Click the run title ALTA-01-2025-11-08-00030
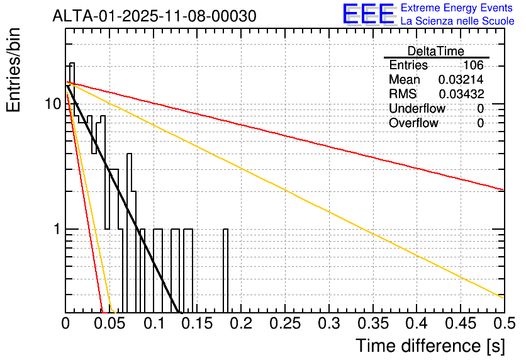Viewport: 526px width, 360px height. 154,16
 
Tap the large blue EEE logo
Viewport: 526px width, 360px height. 369,14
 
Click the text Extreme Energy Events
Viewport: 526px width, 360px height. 457,8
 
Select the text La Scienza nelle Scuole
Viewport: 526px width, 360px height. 457,21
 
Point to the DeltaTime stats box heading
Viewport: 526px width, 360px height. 436,51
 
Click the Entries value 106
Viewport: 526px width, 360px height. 473,65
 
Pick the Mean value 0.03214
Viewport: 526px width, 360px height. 461,79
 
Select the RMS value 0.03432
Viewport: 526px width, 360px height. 461,94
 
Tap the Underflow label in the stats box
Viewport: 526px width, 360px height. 417,108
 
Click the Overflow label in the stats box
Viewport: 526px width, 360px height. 413,123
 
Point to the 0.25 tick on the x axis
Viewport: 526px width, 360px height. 285,323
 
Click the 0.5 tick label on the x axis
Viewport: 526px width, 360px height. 505,323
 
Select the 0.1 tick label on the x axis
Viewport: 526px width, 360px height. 154,323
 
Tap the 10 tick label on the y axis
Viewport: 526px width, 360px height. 53,104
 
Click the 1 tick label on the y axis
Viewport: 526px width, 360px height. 57,229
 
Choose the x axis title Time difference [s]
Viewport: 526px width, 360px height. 430,346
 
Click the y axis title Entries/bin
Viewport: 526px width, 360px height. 13,70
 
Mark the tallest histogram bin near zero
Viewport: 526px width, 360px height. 72,188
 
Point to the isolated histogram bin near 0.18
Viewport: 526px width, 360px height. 226,271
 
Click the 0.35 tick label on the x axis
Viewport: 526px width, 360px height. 373,323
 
